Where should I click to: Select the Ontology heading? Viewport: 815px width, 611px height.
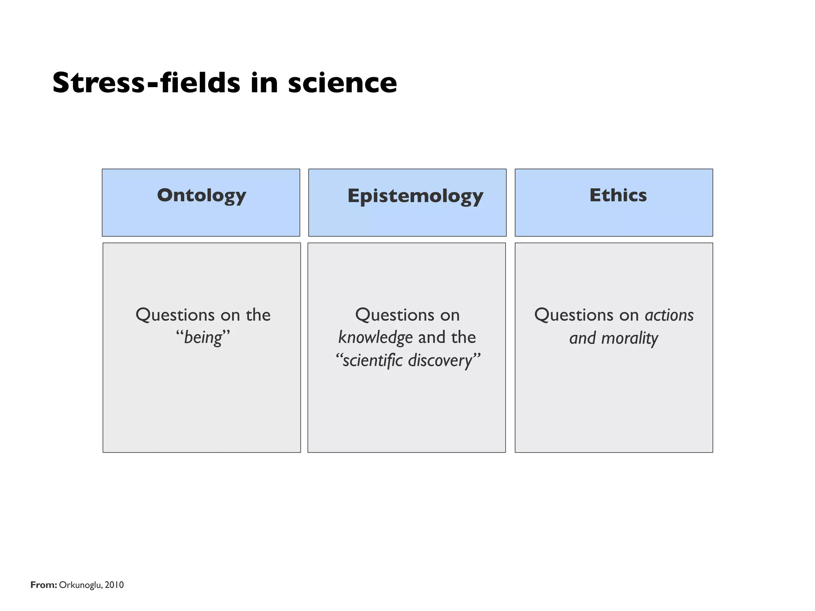[201, 195]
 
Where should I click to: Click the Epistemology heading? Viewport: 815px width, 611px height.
[415, 196]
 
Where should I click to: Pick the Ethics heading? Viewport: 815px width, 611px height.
[618, 195]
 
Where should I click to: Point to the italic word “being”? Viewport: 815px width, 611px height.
[203, 337]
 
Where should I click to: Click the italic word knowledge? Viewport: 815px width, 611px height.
[375, 337]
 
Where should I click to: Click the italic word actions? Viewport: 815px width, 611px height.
[669, 315]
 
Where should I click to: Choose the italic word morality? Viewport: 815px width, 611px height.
[630, 338]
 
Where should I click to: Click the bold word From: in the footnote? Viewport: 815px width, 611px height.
[44, 585]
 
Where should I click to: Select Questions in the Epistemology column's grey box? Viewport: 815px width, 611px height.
[394, 315]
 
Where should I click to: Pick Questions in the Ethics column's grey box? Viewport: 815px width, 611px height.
[573, 315]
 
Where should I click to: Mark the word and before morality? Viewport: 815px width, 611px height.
[582, 338]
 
